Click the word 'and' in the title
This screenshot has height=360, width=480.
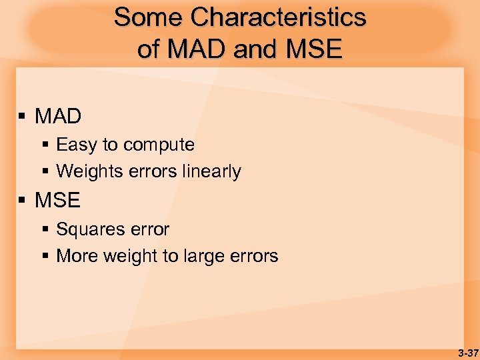pyautogui.click(x=253, y=49)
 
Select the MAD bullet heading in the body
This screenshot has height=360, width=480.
pyautogui.click(x=58, y=117)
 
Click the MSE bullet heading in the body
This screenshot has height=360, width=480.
pyautogui.click(x=57, y=200)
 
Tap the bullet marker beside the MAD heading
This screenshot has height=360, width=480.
pyautogui.click(x=22, y=117)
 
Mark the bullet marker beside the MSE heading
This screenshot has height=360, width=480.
pyautogui.click(x=22, y=201)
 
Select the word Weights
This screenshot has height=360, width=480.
pyautogui.click(x=87, y=171)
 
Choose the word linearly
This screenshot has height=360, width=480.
pyautogui.click(x=211, y=171)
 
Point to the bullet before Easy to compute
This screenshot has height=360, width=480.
pyautogui.click(x=45, y=145)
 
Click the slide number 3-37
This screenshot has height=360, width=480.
pyautogui.click(x=467, y=353)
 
